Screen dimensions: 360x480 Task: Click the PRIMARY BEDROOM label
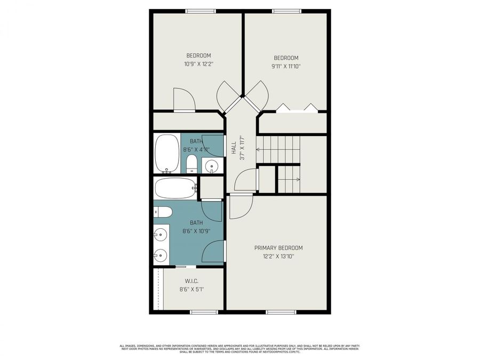click(x=278, y=248)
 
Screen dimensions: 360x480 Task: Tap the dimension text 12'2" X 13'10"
click(x=278, y=257)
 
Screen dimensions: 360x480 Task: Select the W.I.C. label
click(x=191, y=281)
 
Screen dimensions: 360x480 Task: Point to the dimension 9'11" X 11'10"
click(x=286, y=67)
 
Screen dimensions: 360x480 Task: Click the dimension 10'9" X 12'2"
click(x=198, y=64)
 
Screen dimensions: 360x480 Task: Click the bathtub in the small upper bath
click(x=167, y=154)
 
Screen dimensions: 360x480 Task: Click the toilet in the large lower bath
click(x=163, y=212)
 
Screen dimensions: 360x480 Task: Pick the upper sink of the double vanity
click(x=160, y=234)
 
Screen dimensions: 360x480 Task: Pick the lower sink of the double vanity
click(x=160, y=255)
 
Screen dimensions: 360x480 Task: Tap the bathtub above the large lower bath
click(x=175, y=188)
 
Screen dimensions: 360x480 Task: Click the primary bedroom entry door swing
click(x=238, y=207)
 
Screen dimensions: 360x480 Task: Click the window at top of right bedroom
click(x=287, y=11)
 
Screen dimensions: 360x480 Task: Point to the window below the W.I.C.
click(x=205, y=311)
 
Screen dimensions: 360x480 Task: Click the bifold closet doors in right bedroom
click(x=296, y=108)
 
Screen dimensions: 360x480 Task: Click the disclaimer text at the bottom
click(x=239, y=349)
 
